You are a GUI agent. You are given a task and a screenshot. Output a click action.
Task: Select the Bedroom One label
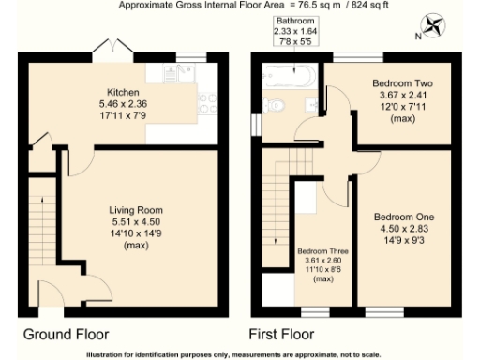click(x=404, y=217)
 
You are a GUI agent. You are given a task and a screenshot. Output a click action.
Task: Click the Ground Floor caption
click(x=66, y=334)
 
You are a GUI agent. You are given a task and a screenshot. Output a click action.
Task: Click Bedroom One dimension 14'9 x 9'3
click(x=404, y=239)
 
